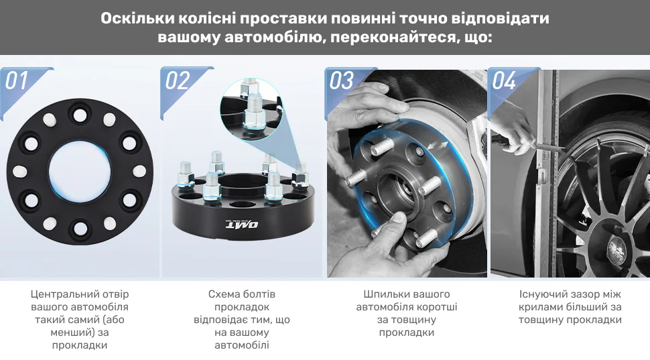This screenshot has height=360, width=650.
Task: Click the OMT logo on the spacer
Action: click(x=242, y=225)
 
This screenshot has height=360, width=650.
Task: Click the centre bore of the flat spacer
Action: click(x=80, y=172)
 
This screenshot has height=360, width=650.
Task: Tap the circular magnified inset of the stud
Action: click(x=251, y=110)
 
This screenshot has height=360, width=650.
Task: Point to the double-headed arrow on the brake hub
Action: click(x=438, y=146)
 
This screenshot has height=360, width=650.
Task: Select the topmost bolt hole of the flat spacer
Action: click(x=80, y=115)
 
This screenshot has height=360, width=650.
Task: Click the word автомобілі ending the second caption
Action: click(x=242, y=345)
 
